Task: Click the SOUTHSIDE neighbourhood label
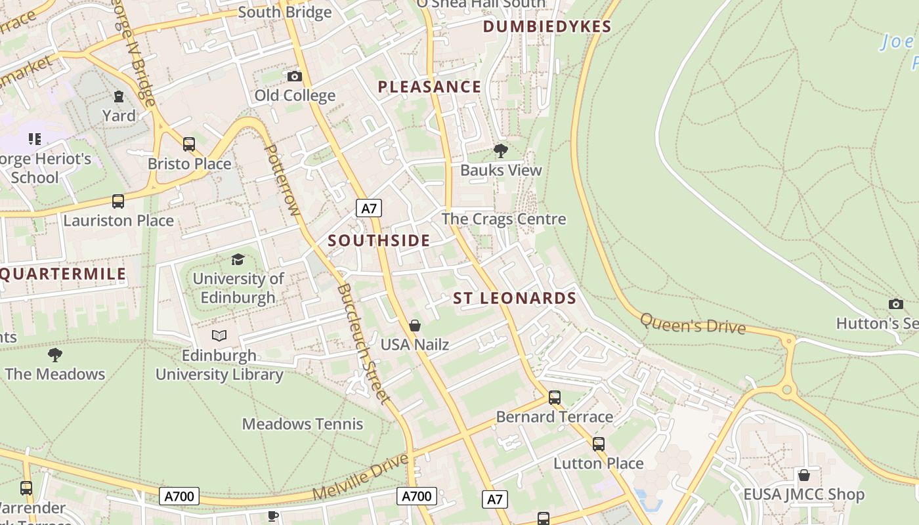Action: (379, 241)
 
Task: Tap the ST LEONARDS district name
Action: (515, 299)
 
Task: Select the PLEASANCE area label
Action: (429, 87)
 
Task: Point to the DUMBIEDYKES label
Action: (547, 27)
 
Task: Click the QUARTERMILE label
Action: (63, 274)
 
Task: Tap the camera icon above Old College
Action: (295, 77)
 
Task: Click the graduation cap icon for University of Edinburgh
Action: (238, 260)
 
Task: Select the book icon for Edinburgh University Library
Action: (219, 336)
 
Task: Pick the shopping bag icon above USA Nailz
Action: (415, 325)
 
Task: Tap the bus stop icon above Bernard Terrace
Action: (555, 398)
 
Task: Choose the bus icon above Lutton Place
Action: (599, 444)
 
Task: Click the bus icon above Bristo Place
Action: (189, 144)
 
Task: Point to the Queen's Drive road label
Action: (693, 323)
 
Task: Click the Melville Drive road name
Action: (360, 476)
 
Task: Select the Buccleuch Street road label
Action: (364, 344)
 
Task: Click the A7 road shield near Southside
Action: (369, 209)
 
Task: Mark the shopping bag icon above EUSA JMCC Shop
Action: (803, 475)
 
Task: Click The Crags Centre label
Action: (503, 219)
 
